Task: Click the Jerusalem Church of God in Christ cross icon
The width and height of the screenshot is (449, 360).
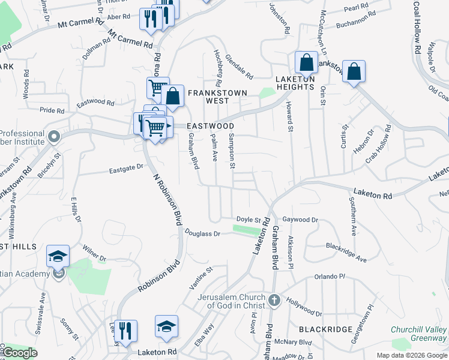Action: pyautogui.click(x=274, y=299)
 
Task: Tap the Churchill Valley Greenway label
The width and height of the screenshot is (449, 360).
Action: pyautogui.click(x=418, y=334)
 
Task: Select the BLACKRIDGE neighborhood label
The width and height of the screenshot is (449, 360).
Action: pyautogui.click(x=321, y=329)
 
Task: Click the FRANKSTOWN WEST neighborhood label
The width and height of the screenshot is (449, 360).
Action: pyautogui.click(x=208, y=97)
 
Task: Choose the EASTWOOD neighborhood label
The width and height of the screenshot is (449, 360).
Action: pyautogui.click(x=209, y=126)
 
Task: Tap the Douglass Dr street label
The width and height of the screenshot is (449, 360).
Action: pyautogui.click(x=203, y=233)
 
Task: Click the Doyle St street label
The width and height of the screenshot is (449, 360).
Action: pyautogui.click(x=249, y=220)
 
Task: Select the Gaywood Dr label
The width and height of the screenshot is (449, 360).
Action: pyautogui.click(x=300, y=220)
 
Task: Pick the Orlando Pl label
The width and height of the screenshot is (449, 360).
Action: pyautogui.click(x=330, y=277)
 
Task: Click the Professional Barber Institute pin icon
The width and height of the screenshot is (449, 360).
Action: pyautogui.click(x=53, y=137)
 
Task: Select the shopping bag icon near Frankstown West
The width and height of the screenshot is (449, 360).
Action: pyautogui.click(x=173, y=97)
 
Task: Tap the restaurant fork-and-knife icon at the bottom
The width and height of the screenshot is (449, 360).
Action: pyautogui.click(x=125, y=331)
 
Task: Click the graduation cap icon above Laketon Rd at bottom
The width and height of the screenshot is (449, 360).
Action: pyautogui.click(x=166, y=326)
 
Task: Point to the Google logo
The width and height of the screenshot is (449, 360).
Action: pyautogui.click(x=20, y=353)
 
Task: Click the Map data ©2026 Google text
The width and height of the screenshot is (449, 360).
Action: pyautogui.click(x=411, y=355)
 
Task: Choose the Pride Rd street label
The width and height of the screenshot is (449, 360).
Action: pyautogui.click(x=52, y=110)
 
